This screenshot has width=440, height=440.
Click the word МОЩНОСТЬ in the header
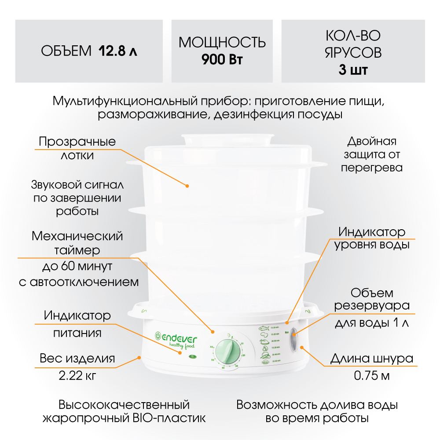(x=222, y=43)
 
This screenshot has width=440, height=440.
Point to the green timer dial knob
(x=228, y=350)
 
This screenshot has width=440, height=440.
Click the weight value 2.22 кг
(x=77, y=376)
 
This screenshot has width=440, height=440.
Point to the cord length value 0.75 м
(x=372, y=376)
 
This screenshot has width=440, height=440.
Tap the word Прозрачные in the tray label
(x=77, y=142)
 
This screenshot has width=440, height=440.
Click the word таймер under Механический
(x=77, y=250)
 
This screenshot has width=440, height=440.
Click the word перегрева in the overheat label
(x=372, y=168)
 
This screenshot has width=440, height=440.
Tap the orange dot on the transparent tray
(x=187, y=186)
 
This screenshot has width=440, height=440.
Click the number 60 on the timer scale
(x=212, y=347)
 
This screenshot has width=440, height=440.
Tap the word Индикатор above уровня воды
(x=372, y=232)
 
